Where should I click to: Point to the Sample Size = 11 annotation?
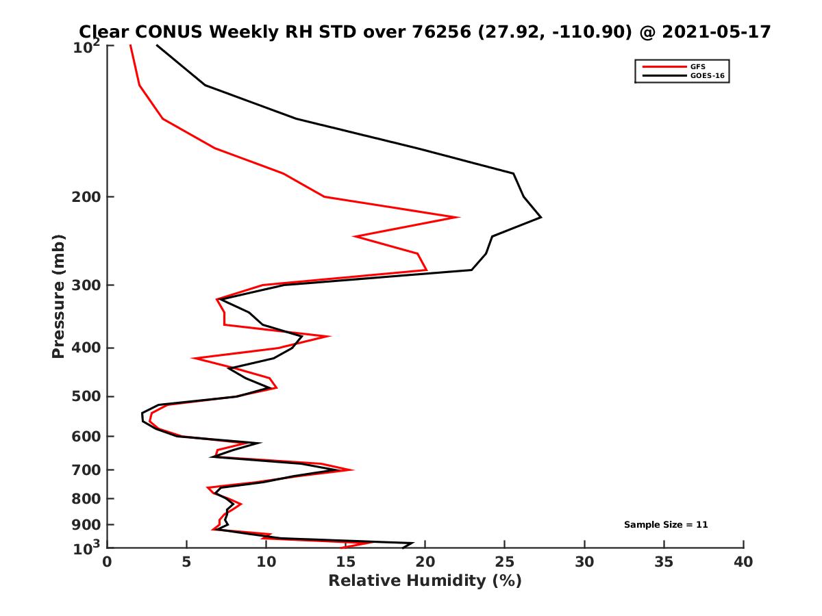coord(665,525)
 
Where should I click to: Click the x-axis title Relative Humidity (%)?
coord(425,581)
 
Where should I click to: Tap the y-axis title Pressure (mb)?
coord(59,296)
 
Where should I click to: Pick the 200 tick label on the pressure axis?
coord(83,197)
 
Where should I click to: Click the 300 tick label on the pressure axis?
coord(83,285)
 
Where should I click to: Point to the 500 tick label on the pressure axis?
coord(83,397)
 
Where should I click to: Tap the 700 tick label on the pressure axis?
coord(83,470)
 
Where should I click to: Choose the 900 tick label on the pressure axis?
coord(83,525)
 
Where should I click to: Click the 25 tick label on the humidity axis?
coord(505,562)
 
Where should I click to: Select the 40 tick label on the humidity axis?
coord(743,562)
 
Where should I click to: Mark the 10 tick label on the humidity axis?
coord(266,562)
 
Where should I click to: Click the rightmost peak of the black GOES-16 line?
coord(541,217)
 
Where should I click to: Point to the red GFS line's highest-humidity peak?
coord(458,217)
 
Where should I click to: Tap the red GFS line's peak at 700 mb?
coord(353,470)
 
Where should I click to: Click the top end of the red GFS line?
coord(130,46)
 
